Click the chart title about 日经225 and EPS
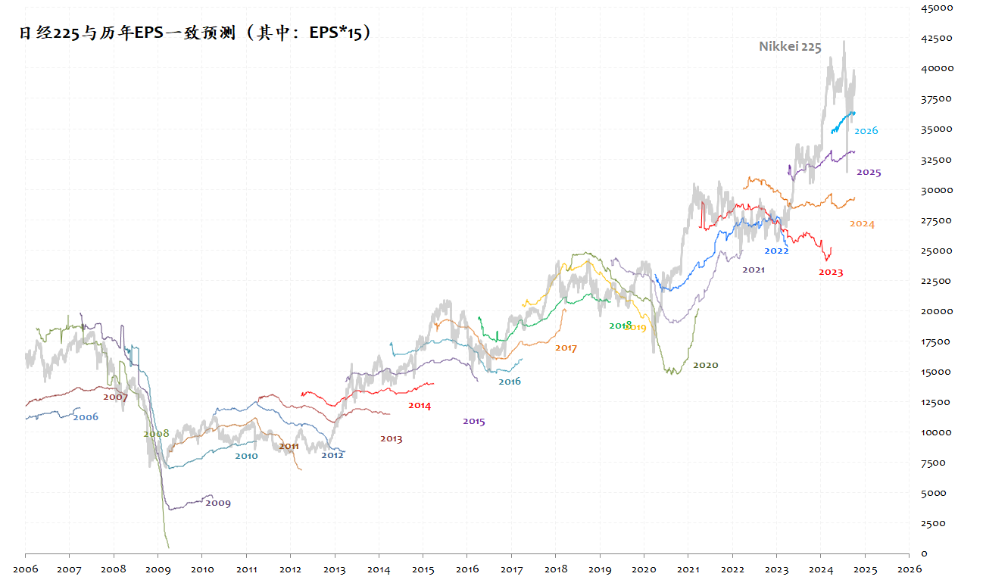point(196,33)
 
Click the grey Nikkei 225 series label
point(790,47)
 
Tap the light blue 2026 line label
point(866,131)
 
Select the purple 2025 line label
point(869,173)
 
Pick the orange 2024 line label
point(862,224)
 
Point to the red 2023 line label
point(830,273)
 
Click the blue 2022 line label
point(776,251)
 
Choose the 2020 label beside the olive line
point(705,365)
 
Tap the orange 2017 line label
point(566,348)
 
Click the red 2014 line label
point(419,406)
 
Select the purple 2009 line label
point(218,503)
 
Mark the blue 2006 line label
point(86,417)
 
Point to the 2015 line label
point(473,422)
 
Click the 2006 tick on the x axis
point(25,569)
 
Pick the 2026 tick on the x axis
point(909,569)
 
